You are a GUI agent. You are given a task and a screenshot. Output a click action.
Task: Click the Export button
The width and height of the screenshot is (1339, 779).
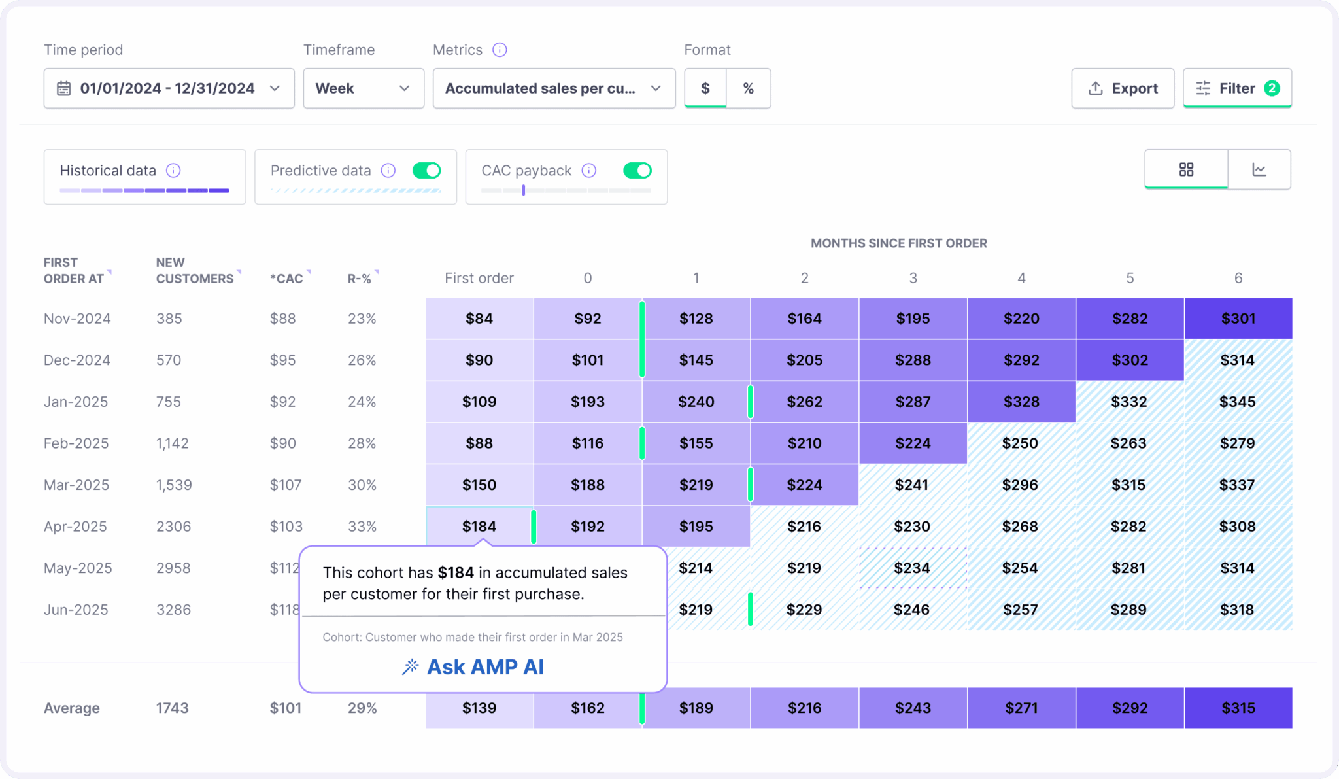pos(1122,88)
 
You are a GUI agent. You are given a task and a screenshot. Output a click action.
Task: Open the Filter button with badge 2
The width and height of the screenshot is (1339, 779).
pos(1236,88)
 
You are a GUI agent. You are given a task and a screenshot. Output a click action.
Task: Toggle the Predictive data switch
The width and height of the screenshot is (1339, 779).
pos(426,171)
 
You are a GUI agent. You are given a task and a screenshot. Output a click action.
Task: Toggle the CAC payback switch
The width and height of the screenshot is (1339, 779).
pos(637,171)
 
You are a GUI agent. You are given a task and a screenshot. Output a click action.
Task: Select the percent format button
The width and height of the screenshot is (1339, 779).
pos(748,88)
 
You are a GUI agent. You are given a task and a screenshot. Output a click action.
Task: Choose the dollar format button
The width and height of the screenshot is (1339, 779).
pos(705,88)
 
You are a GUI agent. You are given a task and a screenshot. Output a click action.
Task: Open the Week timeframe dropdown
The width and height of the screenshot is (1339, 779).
pos(363,88)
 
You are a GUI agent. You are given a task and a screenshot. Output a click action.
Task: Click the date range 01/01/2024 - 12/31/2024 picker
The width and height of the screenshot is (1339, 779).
pos(169,88)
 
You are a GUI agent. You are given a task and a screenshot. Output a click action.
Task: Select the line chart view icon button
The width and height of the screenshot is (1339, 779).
pos(1259,170)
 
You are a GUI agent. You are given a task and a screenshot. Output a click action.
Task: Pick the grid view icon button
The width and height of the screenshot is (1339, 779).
pos(1186,170)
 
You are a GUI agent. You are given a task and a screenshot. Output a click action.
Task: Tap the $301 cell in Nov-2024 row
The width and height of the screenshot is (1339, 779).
pos(1238,319)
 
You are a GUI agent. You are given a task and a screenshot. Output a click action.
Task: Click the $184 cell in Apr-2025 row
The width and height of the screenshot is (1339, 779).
pos(479,526)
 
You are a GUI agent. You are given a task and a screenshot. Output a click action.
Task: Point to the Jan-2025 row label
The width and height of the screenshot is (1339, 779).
pos(76,402)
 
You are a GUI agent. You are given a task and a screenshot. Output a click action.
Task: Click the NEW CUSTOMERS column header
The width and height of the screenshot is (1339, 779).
pos(195,270)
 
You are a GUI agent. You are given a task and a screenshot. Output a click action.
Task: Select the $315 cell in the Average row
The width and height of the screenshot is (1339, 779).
pos(1238,708)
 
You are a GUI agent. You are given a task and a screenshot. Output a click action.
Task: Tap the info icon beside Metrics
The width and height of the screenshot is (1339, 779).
pos(500,50)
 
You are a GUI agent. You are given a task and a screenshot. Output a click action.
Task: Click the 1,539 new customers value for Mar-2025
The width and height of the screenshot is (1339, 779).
pos(174,485)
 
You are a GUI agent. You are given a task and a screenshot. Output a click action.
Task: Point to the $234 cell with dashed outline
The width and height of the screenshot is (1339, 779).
pos(912,568)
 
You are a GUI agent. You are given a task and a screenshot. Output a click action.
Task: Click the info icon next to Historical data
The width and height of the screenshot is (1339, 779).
pos(173,171)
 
